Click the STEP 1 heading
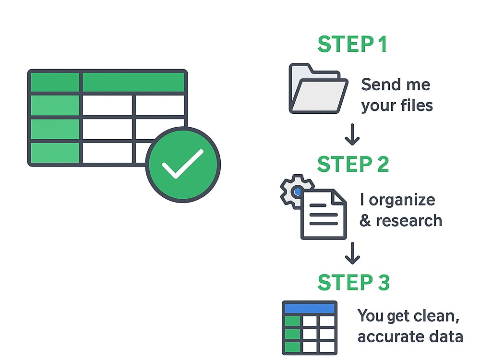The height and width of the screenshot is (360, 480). click(x=352, y=44)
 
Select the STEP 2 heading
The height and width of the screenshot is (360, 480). click(x=353, y=164)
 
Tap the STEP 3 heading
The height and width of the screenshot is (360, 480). click(x=354, y=282)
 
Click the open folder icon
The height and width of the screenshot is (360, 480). click(x=318, y=88)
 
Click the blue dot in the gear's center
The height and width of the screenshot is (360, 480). click(x=297, y=192)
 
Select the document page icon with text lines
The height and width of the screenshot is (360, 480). click(x=324, y=214)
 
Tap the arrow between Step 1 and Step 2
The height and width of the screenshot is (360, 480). click(x=352, y=134)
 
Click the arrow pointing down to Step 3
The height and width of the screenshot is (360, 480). click(x=352, y=253)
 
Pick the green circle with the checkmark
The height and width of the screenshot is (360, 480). click(x=183, y=165)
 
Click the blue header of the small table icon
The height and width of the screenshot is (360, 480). click(x=310, y=308)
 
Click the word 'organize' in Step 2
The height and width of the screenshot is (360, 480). click(x=402, y=201)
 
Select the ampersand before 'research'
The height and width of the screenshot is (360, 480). click(x=365, y=221)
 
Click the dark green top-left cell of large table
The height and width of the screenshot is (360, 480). click(x=55, y=82)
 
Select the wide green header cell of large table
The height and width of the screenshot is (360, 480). click(x=133, y=82)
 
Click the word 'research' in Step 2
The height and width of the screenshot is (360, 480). click(x=409, y=221)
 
